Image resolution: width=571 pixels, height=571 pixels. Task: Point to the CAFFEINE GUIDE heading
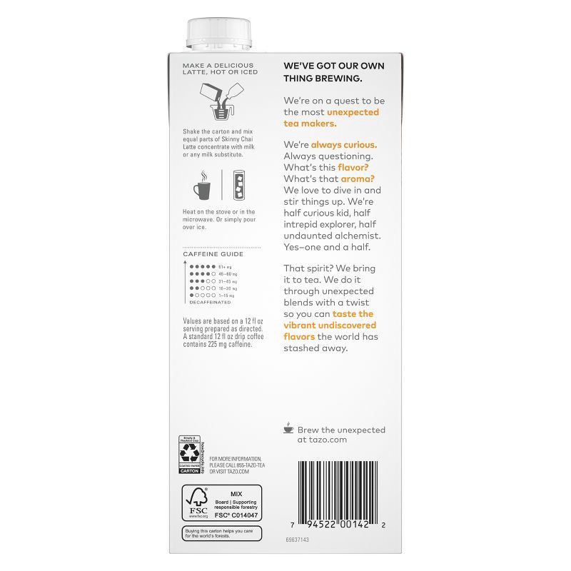[x=213, y=254]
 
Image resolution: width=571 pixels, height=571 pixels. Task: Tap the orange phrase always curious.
[x=344, y=144]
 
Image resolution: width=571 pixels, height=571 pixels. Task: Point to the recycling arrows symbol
[x=189, y=453]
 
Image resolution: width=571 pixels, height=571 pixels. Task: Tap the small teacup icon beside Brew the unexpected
[x=288, y=428]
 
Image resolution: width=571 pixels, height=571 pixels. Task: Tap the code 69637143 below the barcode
[x=296, y=541]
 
